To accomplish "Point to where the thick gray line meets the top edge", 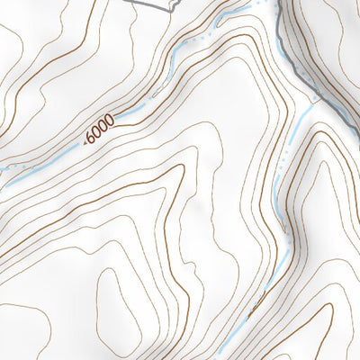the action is (278, 1).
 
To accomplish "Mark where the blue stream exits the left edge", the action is (1, 166).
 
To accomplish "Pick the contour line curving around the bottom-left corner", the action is (27, 333).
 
